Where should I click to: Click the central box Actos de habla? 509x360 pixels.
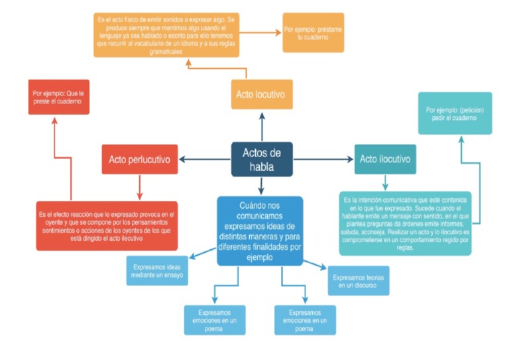[x=262, y=159]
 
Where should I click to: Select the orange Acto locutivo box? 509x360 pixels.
[x=262, y=95]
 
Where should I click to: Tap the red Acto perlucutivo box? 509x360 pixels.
[x=139, y=160]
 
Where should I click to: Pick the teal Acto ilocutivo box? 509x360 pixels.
[x=384, y=159]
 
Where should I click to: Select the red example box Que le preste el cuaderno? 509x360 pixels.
[x=58, y=97]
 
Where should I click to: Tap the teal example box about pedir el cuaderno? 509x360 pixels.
[x=455, y=113]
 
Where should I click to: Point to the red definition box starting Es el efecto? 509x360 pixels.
[x=107, y=225]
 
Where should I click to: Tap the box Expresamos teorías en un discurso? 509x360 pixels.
[x=358, y=280]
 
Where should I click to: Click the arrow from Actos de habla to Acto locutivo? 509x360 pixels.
[x=262, y=126]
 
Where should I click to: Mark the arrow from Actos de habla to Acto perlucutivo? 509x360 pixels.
[x=205, y=159]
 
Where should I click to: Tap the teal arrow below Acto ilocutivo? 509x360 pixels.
[x=384, y=182]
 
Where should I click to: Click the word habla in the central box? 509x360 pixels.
[x=262, y=167]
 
